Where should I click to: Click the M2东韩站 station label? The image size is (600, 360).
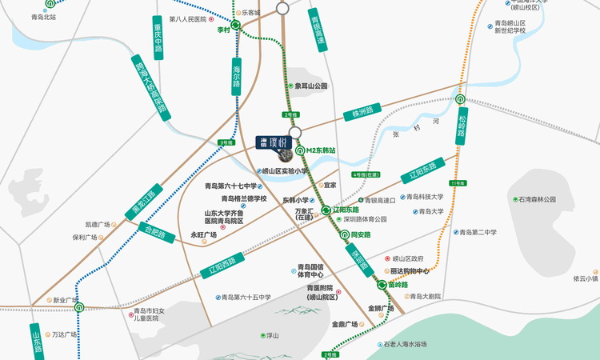coord(328,150)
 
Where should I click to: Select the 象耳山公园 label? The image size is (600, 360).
coord(311,86)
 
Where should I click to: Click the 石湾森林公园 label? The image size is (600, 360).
coord(536,198)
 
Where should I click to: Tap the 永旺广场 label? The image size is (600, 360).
coord(204,235)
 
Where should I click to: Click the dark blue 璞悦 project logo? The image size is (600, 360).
coord(273,142)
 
